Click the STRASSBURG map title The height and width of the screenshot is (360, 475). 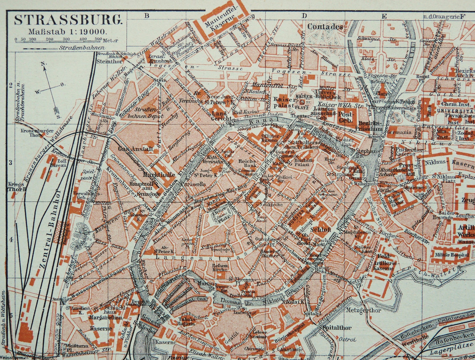click(x=68, y=20)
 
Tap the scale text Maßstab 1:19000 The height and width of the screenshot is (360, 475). click(x=66, y=31)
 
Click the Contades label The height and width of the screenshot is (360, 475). click(x=325, y=27)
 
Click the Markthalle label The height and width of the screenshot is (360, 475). click(x=155, y=174)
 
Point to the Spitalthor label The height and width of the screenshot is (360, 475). click(x=337, y=328)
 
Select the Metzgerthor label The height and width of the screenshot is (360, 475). click(x=363, y=310)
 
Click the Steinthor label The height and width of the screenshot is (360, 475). click(x=106, y=61)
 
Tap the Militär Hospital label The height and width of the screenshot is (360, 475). click(x=452, y=255)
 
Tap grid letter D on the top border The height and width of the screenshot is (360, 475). click(x=305, y=16)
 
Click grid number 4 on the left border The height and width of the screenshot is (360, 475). click(x=11, y=240)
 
